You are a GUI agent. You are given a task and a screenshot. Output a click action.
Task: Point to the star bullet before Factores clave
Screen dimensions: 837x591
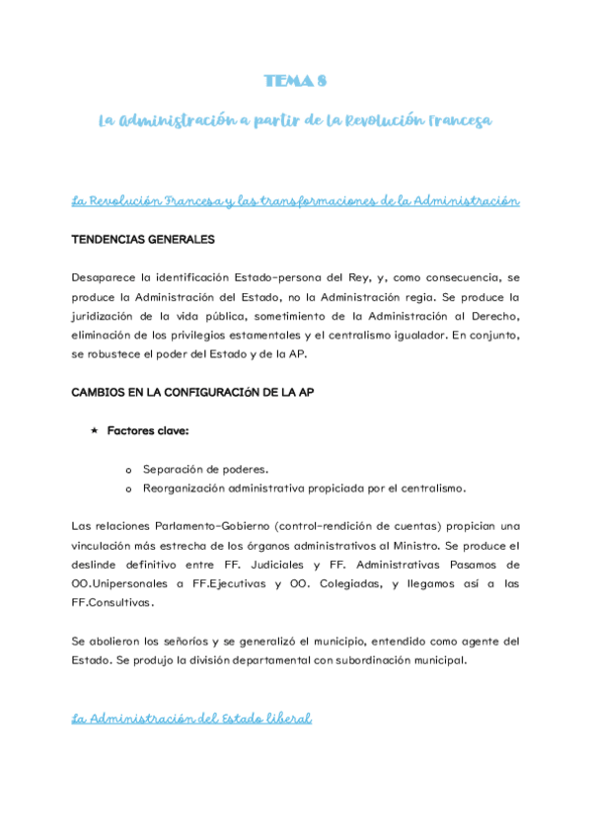pos(94,431)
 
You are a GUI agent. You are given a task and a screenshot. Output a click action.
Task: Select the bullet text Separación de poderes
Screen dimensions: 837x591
pos(205,469)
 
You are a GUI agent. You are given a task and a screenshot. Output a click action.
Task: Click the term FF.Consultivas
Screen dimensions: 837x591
pos(113,602)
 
